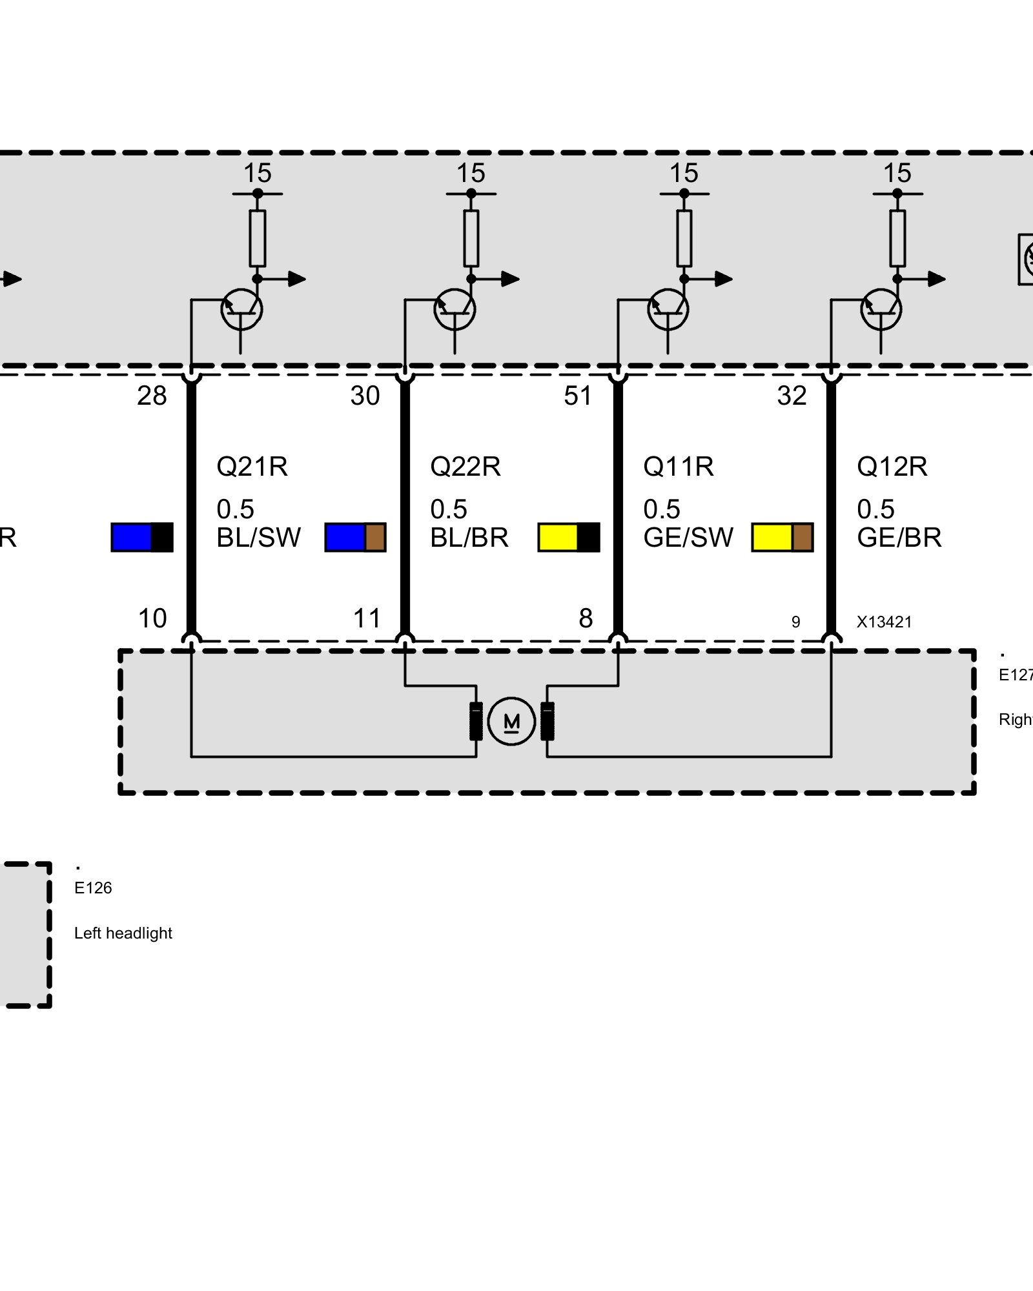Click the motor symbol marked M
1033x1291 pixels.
tap(511, 721)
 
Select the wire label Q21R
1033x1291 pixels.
tap(252, 467)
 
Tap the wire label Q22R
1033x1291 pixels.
tap(465, 467)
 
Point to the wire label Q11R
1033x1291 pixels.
tap(679, 467)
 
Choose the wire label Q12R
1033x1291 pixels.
tap(892, 467)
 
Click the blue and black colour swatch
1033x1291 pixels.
tap(142, 537)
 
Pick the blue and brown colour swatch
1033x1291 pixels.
tap(355, 537)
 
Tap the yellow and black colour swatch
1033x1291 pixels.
tap(569, 537)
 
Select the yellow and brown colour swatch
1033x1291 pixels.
tap(782, 537)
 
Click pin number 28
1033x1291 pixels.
tap(152, 396)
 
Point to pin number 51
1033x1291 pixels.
tap(578, 396)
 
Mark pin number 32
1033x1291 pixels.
tap(792, 396)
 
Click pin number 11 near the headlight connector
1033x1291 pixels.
tap(367, 618)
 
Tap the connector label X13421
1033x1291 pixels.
tap(884, 622)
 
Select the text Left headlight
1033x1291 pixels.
tap(123, 933)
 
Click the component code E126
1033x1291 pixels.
tap(93, 888)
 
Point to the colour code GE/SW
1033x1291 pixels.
tap(688, 538)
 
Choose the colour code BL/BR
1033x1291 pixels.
tap(469, 538)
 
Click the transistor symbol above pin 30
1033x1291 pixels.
tap(455, 310)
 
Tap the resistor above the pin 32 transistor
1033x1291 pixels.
tap(897, 238)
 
